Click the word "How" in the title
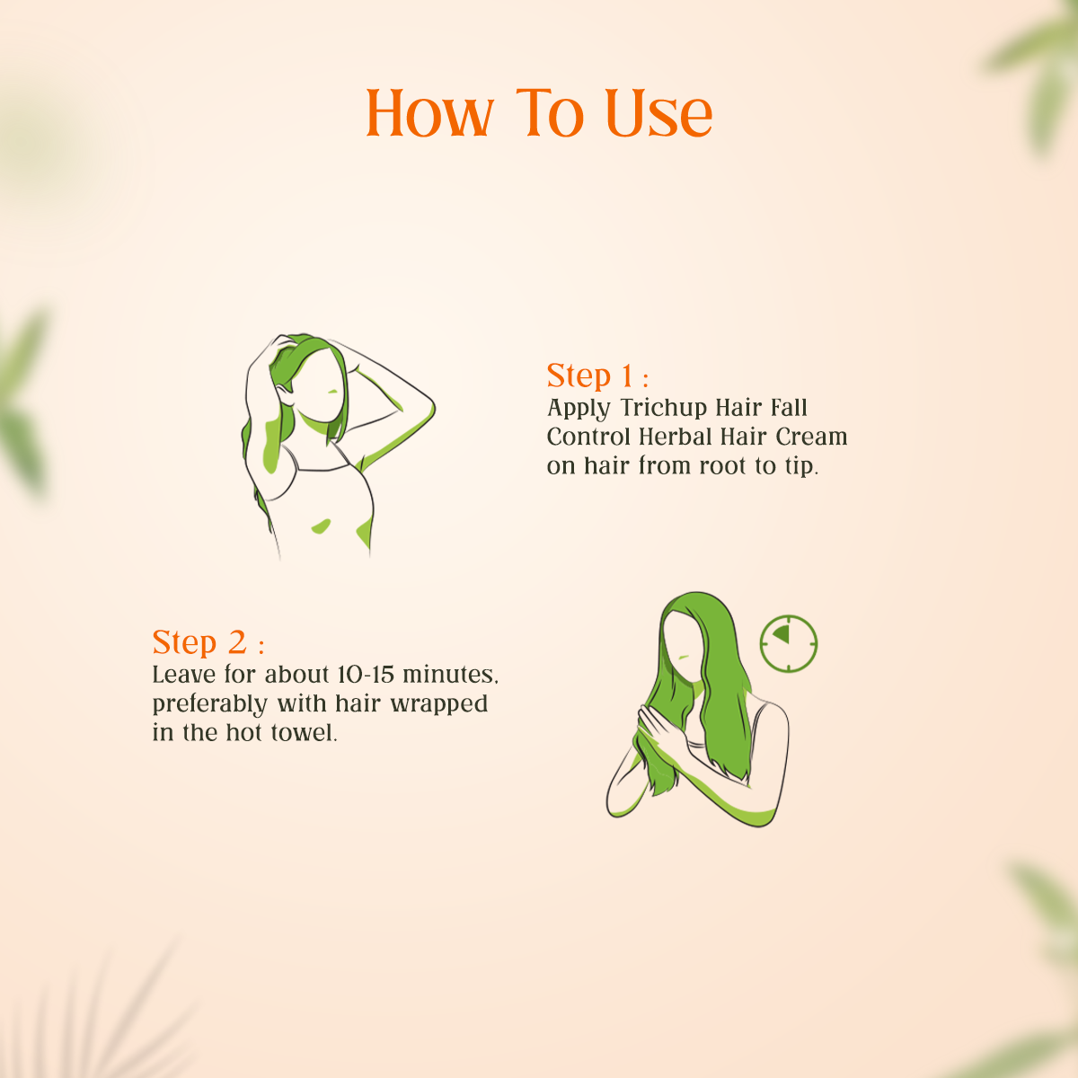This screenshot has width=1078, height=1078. (x=429, y=114)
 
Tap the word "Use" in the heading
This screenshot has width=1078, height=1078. (x=658, y=114)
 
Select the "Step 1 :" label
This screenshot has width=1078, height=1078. (x=596, y=376)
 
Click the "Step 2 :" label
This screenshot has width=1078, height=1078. (x=208, y=642)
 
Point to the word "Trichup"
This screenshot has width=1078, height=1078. (x=663, y=408)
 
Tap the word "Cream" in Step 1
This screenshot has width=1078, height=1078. (x=811, y=437)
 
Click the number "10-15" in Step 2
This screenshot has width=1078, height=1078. (x=367, y=674)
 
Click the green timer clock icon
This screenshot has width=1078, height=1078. (x=789, y=643)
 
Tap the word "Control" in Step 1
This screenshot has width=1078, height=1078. (x=589, y=437)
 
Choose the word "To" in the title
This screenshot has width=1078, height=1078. (x=549, y=114)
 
